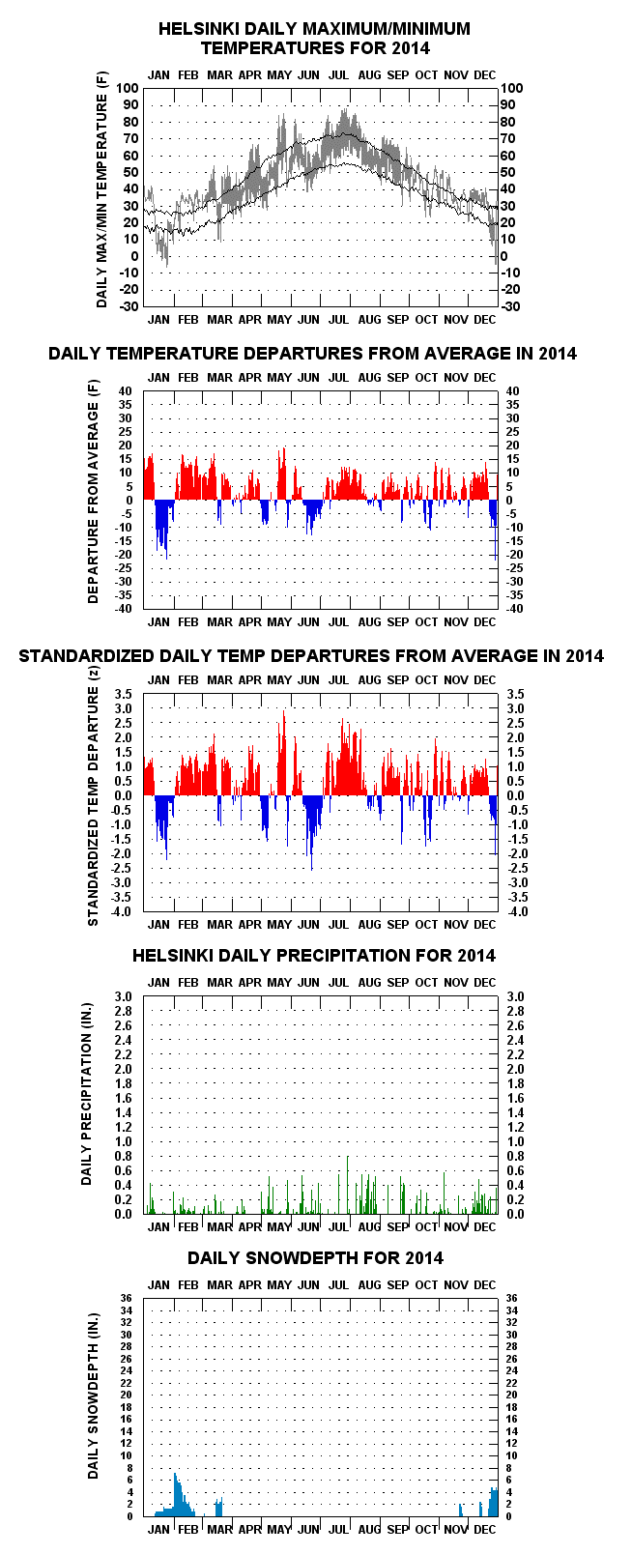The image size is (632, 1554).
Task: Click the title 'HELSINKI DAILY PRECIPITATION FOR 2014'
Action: coord(313,955)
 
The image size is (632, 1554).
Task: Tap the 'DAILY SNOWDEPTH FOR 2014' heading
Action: coord(316,1257)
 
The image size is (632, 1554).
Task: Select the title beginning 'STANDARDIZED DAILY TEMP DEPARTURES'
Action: coord(311,655)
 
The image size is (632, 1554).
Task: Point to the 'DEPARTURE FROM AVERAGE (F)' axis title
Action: coord(93,491)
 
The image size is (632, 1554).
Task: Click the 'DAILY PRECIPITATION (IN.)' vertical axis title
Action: coord(86,1094)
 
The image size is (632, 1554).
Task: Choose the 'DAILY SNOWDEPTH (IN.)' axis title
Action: coord(93,1396)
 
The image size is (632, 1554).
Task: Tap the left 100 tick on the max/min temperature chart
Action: coord(127,88)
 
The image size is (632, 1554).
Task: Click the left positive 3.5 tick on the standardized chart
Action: coord(123,695)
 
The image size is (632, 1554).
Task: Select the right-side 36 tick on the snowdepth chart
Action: coord(511,1298)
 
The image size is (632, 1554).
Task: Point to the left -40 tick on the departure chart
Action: coord(124,609)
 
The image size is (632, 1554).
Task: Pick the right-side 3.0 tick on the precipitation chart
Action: coord(515,997)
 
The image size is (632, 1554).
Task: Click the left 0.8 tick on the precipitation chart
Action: coord(123,1157)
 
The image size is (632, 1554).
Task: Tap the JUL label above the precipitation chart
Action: coord(338,982)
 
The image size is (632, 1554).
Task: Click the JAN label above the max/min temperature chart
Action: coord(158,75)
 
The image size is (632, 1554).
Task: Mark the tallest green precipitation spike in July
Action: coord(348,1157)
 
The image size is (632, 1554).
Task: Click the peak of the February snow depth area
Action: coord(175,1473)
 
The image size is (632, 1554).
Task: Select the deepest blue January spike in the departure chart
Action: coord(166,558)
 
